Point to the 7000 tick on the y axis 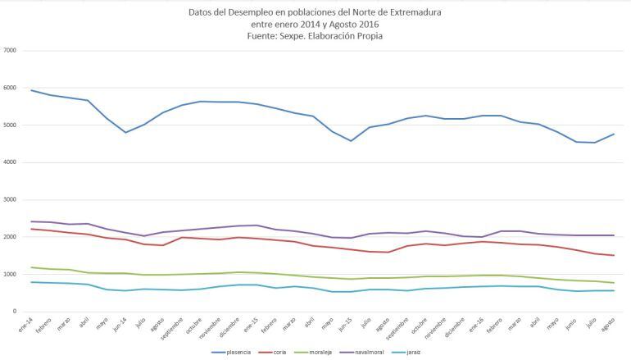point(11,51)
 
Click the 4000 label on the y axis point(11,162)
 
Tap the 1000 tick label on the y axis point(11,274)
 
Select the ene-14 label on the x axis point(30,326)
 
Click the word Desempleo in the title point(251,12)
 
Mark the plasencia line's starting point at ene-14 point(31,90)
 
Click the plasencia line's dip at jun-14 point(126,132)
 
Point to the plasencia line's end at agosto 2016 point(614,134)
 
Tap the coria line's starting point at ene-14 point(31,229)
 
